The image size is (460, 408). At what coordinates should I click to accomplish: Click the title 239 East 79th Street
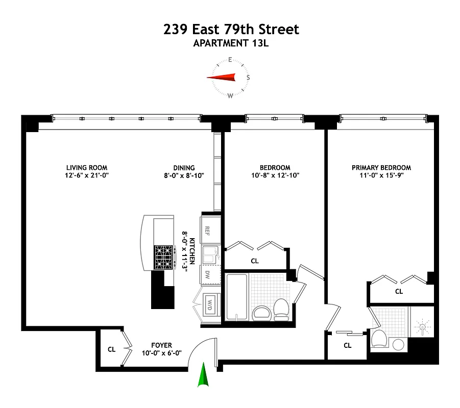[x=231, y=30]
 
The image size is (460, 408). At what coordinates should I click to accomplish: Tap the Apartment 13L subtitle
[x=231, y=43]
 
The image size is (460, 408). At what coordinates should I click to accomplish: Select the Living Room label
[x=87, y=168]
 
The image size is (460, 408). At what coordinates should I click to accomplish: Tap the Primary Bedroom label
[x=381, y=168]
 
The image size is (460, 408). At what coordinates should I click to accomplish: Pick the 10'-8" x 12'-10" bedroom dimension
[x=275, y=175]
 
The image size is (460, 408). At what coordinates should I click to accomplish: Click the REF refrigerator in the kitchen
[x=208, y=229]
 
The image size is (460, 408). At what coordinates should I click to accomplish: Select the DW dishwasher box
[x=208, y=275]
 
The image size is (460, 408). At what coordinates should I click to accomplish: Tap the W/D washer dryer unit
[x=210, y=304]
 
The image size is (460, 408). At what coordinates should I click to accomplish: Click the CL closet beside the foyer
[x=111, y=350]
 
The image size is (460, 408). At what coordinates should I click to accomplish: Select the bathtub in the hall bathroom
[x=237, y=298]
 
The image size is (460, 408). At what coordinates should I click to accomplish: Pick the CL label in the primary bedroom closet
[x=399, y=292]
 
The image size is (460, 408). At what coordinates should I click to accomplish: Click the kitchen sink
[x=210, y=253]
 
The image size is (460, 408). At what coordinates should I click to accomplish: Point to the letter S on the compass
[x=248, y=78]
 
